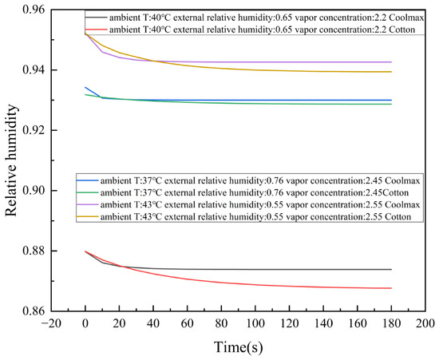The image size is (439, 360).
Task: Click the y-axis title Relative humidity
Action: [11, 160]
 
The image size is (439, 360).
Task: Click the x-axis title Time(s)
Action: [239, 347]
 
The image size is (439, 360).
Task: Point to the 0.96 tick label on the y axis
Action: [34, 10]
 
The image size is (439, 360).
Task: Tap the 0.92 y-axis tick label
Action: [34, 130]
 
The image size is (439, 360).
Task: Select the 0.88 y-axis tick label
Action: [34, 251]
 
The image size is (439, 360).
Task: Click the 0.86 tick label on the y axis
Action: [34, 311]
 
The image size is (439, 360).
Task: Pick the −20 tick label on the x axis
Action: [51, 324]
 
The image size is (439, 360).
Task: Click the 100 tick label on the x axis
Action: [255, 324]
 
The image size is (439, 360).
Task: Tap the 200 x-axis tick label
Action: [426, 324]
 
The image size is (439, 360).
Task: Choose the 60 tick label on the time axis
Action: [188, 324]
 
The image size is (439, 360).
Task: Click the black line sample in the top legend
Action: [96, 18]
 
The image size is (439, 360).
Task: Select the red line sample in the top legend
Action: [96, 29]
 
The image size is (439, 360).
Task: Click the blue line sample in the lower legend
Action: [87, 180]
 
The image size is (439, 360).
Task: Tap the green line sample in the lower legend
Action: [87, 192]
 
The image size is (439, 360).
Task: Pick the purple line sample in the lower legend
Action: [87, 204]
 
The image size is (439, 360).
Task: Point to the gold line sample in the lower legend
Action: [87, 216]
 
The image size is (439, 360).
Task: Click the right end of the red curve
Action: [391, 288]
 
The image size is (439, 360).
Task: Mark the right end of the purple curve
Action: [391, 62]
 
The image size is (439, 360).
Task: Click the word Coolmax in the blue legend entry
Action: [402, 181]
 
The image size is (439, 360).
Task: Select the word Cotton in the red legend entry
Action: [402, 30]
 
